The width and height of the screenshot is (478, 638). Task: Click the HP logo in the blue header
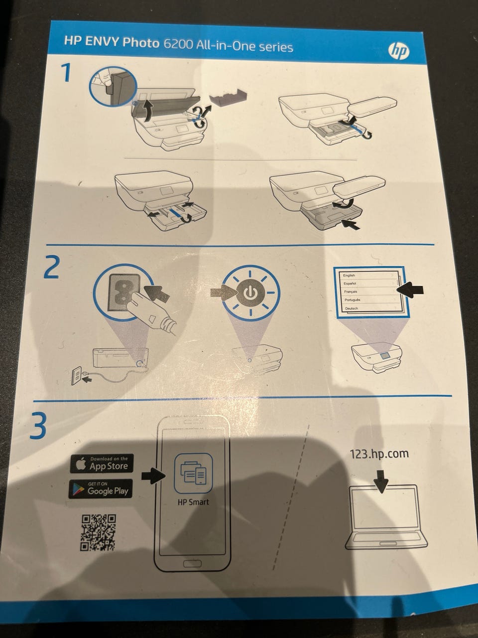click(x=399, y=52)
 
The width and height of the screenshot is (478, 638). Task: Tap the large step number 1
click(x=66, y=73)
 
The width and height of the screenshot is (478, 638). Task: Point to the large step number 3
click(x=38, y=425)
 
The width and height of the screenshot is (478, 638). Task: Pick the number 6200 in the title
click(x=177, y=44)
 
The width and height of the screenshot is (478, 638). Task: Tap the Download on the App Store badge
click(x=102, y=464)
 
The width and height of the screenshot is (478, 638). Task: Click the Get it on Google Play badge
click(x=101, y=489)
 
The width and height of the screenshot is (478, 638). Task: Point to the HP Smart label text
click(x=193, y=502)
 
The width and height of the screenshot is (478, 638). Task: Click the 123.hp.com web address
click(x=379, y=454)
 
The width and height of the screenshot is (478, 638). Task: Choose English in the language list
click(x=349, y=275)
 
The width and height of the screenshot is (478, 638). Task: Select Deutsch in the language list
click(x=352, y=309)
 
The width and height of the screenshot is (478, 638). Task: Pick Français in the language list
click(x=351, y=292)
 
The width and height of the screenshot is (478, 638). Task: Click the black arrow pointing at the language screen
click(x=410, y=289)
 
